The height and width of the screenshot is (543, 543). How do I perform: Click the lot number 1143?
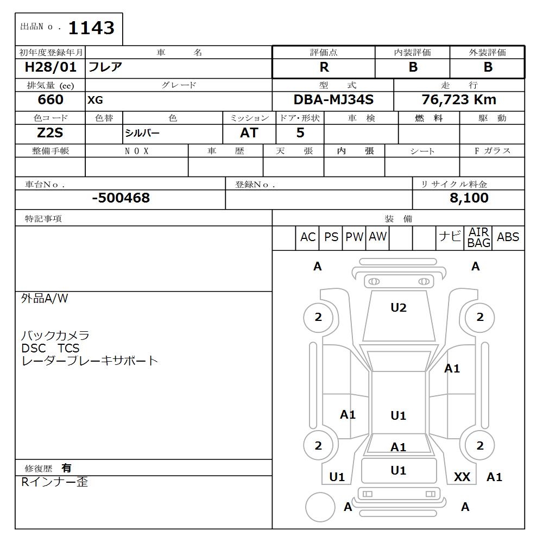[x=91, y=28]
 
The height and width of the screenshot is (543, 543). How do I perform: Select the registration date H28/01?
[x=51, y=67]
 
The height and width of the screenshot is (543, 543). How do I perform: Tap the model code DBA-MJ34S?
[x=333, y=100]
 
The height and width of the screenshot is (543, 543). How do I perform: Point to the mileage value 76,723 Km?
[x=459, y=100]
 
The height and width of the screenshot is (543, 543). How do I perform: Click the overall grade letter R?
[x=324, y=67]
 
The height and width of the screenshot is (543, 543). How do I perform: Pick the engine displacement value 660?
[x=50, y=100]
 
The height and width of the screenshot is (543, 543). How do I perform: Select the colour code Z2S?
[x=50, y=133]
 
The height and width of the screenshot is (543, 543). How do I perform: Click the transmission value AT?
[x=249, y=133]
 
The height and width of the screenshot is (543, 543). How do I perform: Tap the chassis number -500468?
[x=121, y=198]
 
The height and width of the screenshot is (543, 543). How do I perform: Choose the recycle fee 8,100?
[x=469, y=198]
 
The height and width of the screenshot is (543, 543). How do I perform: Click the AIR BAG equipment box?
[x=478, y=238]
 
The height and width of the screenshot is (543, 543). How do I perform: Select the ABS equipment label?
[x=508, y=237]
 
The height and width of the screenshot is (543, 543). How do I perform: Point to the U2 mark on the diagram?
[x=399, y=308]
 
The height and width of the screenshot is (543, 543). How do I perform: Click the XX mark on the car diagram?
[x=462, y=477]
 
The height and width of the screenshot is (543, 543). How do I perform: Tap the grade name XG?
[x=95, y=100]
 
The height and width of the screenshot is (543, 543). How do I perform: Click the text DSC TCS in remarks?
[x=50, y=348]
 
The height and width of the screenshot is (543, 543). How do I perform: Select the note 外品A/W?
[x=45, y=299]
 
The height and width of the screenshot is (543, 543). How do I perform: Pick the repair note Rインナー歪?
[x=54, y=482]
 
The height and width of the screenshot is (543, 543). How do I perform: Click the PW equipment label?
[x=354, y=237]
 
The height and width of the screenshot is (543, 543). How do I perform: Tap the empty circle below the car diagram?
[x=320, y=508]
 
